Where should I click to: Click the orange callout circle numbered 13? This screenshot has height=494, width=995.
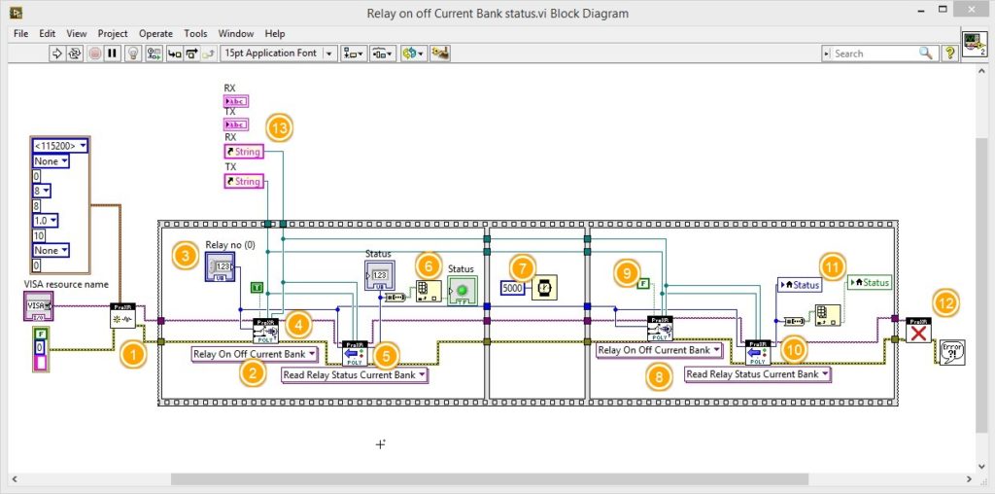(280, 126)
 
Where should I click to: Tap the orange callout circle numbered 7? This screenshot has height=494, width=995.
(524, 266)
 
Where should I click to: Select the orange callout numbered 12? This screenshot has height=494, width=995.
(944, 303)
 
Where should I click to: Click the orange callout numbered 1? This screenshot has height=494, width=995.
(134, 355)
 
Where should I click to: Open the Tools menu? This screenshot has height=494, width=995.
(195, 33)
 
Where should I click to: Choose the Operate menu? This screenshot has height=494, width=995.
(155, 33)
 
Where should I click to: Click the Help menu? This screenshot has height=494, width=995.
(275, 33)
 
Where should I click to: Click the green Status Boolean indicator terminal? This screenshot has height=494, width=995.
(462, 290)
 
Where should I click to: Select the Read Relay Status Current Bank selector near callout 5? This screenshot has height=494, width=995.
(354, 374)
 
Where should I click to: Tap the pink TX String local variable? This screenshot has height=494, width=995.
(243, 182)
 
